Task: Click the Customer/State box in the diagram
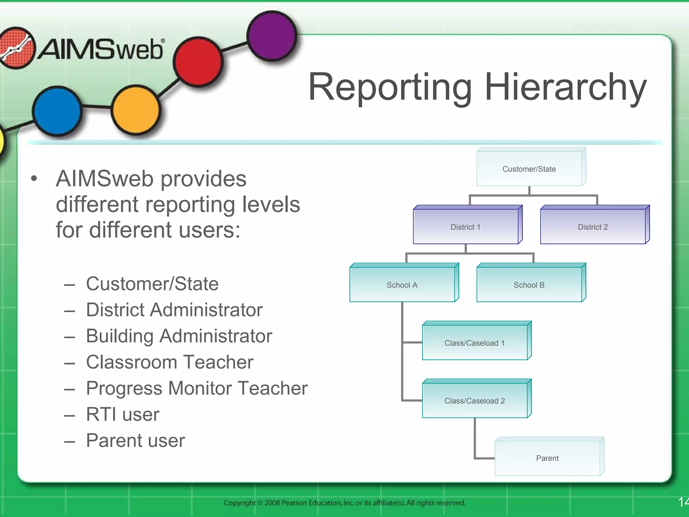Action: [530, 168]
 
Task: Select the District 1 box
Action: [466, 226]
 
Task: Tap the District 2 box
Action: [593, 226]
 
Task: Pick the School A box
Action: [402, 284]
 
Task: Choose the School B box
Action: [530, 284]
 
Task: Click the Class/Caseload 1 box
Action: [475, 342]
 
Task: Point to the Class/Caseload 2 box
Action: [475, 400]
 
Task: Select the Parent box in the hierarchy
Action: [548, 458]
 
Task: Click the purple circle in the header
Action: [272, 36]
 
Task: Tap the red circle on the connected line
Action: [198, 61]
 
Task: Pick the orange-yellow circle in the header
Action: [136, 109]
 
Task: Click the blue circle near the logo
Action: [57, 110]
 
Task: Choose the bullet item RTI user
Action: [122, 414]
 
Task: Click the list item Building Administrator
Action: [179, 336]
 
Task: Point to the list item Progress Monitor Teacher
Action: [196, 388]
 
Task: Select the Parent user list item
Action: [135, 440]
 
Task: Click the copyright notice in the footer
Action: [344, 503]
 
